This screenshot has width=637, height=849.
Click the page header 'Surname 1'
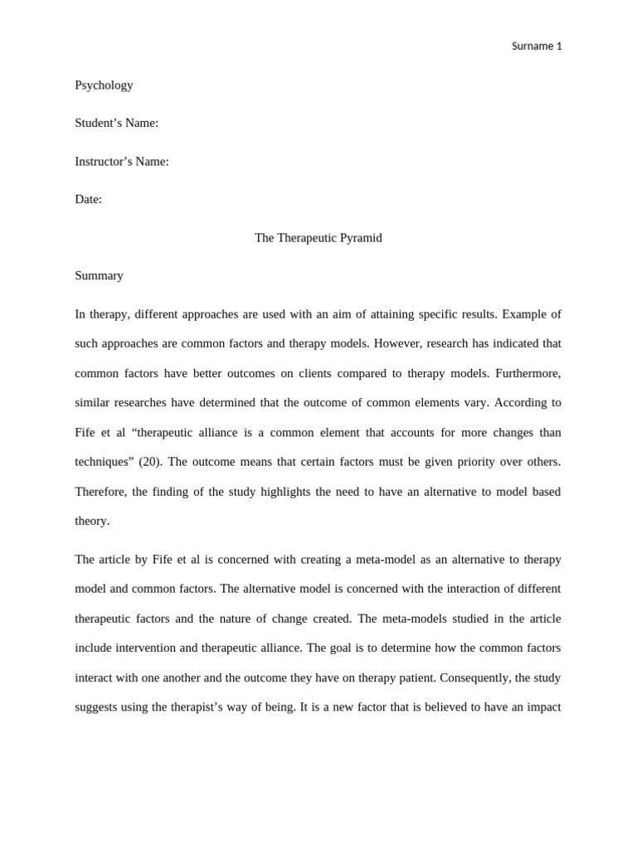537,46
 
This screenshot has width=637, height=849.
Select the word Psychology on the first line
104,85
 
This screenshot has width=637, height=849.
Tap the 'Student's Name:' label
116,123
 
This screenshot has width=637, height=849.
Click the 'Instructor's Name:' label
121,161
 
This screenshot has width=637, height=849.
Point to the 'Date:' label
88,199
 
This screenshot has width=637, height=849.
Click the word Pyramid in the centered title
360,237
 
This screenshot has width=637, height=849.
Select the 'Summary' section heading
99,275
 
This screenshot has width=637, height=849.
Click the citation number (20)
149,461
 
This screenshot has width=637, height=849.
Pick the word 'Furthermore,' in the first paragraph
528,373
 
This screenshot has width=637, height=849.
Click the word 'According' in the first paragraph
519,402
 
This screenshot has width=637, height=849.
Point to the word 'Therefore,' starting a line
100,491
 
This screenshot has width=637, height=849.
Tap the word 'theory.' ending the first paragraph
91,521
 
